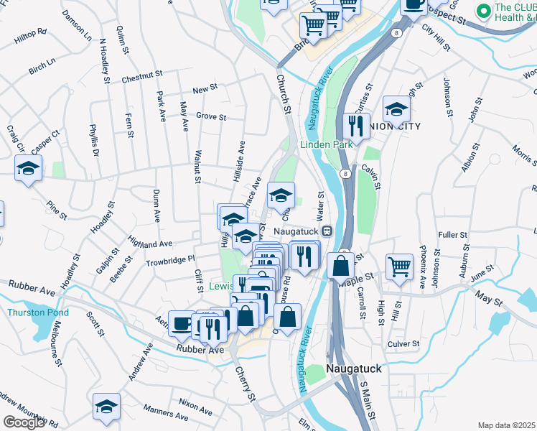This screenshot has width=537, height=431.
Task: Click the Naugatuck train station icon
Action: (326, 231)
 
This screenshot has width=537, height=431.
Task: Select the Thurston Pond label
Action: (38, 312)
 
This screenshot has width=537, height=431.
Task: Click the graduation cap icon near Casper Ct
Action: (28, 169)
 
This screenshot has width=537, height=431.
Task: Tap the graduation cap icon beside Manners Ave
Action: (106, 406)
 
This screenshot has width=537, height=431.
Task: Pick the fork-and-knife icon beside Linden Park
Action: (356, 126)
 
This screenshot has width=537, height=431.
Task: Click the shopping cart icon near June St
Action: (400, 267)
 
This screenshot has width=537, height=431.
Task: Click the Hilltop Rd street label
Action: (30, 33)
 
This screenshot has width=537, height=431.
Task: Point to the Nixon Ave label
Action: (196, 404)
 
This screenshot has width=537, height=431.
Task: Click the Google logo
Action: (24, 422)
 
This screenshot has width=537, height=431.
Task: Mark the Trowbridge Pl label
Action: (171, 259)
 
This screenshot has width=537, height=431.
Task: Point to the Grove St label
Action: (211, 116)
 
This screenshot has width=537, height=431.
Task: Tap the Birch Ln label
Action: (42, 67)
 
